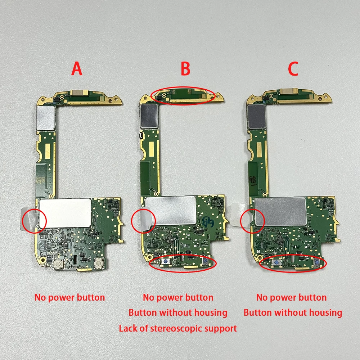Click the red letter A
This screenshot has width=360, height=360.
pos(77,68)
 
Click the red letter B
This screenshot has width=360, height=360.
pos(185,68)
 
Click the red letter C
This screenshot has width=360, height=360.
pos(293,68)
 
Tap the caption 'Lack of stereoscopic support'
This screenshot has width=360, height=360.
pos(178,328)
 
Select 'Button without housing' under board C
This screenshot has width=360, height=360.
pos(293,312)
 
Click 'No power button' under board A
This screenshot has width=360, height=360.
pos(69,297)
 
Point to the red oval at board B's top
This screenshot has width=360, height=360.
pos(183,95)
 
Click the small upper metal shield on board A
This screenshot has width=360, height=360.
pos(46,118)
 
